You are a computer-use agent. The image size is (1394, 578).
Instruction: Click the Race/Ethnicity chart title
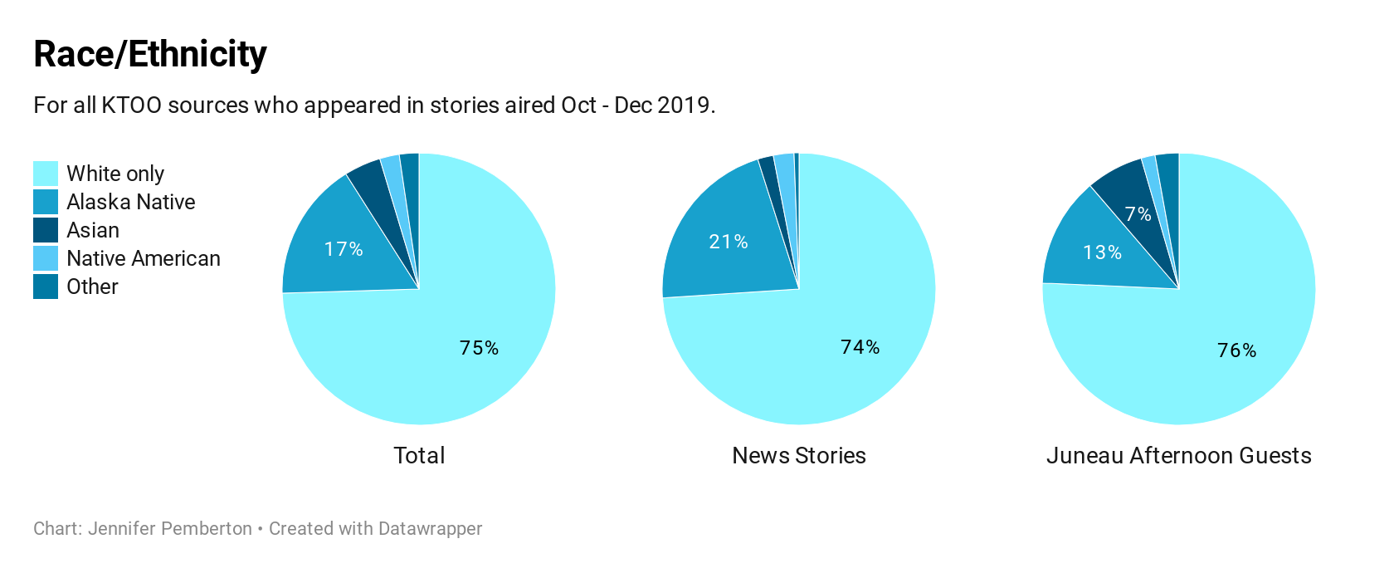pyautogui.click(x=150, y=55)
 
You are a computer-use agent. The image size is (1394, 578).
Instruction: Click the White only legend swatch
pyautogui.click(x=46, y=174)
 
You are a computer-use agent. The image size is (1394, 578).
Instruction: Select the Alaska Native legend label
pyautogui.click(x=131, y=202)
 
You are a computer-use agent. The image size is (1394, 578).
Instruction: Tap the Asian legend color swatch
pyautogui.click(x=46, y=230)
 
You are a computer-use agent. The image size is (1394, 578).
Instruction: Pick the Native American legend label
pyautogui.click(x=144, y=258)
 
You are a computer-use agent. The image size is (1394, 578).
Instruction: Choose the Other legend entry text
pyautogui.click(x=92, y=287)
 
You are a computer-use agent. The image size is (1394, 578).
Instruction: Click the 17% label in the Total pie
pyautogui.click(x=344, y=249)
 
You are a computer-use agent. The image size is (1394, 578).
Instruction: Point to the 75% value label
pyautogui.click(x=479, y=348)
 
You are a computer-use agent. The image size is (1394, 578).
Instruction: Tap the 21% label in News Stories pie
pyautogui.click(x=729, y=242)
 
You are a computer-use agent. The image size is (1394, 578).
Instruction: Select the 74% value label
pyautogui.click(x=860, y=347)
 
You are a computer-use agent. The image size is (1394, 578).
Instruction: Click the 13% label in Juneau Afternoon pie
pyautogui.click(x=1103, y=252)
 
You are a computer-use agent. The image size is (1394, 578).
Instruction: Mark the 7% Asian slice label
pyautogui.click(x=1138, y=214)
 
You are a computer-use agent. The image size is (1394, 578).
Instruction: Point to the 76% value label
pyautogui.click(x=1236, y=350)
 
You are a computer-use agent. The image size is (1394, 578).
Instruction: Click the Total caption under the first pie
pyautogui.click(x=419, y=455)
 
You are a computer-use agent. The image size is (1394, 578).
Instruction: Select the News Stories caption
pyautogui.click(x=799, y=455)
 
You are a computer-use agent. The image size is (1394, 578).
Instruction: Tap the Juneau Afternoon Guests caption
pyautogui.click(x=1178, y=455)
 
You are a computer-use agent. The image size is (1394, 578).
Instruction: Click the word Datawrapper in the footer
pyautogui.click(x=430, y=529)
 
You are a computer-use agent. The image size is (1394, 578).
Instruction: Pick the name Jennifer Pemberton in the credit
pyautogui.click(x=170, y=529)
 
